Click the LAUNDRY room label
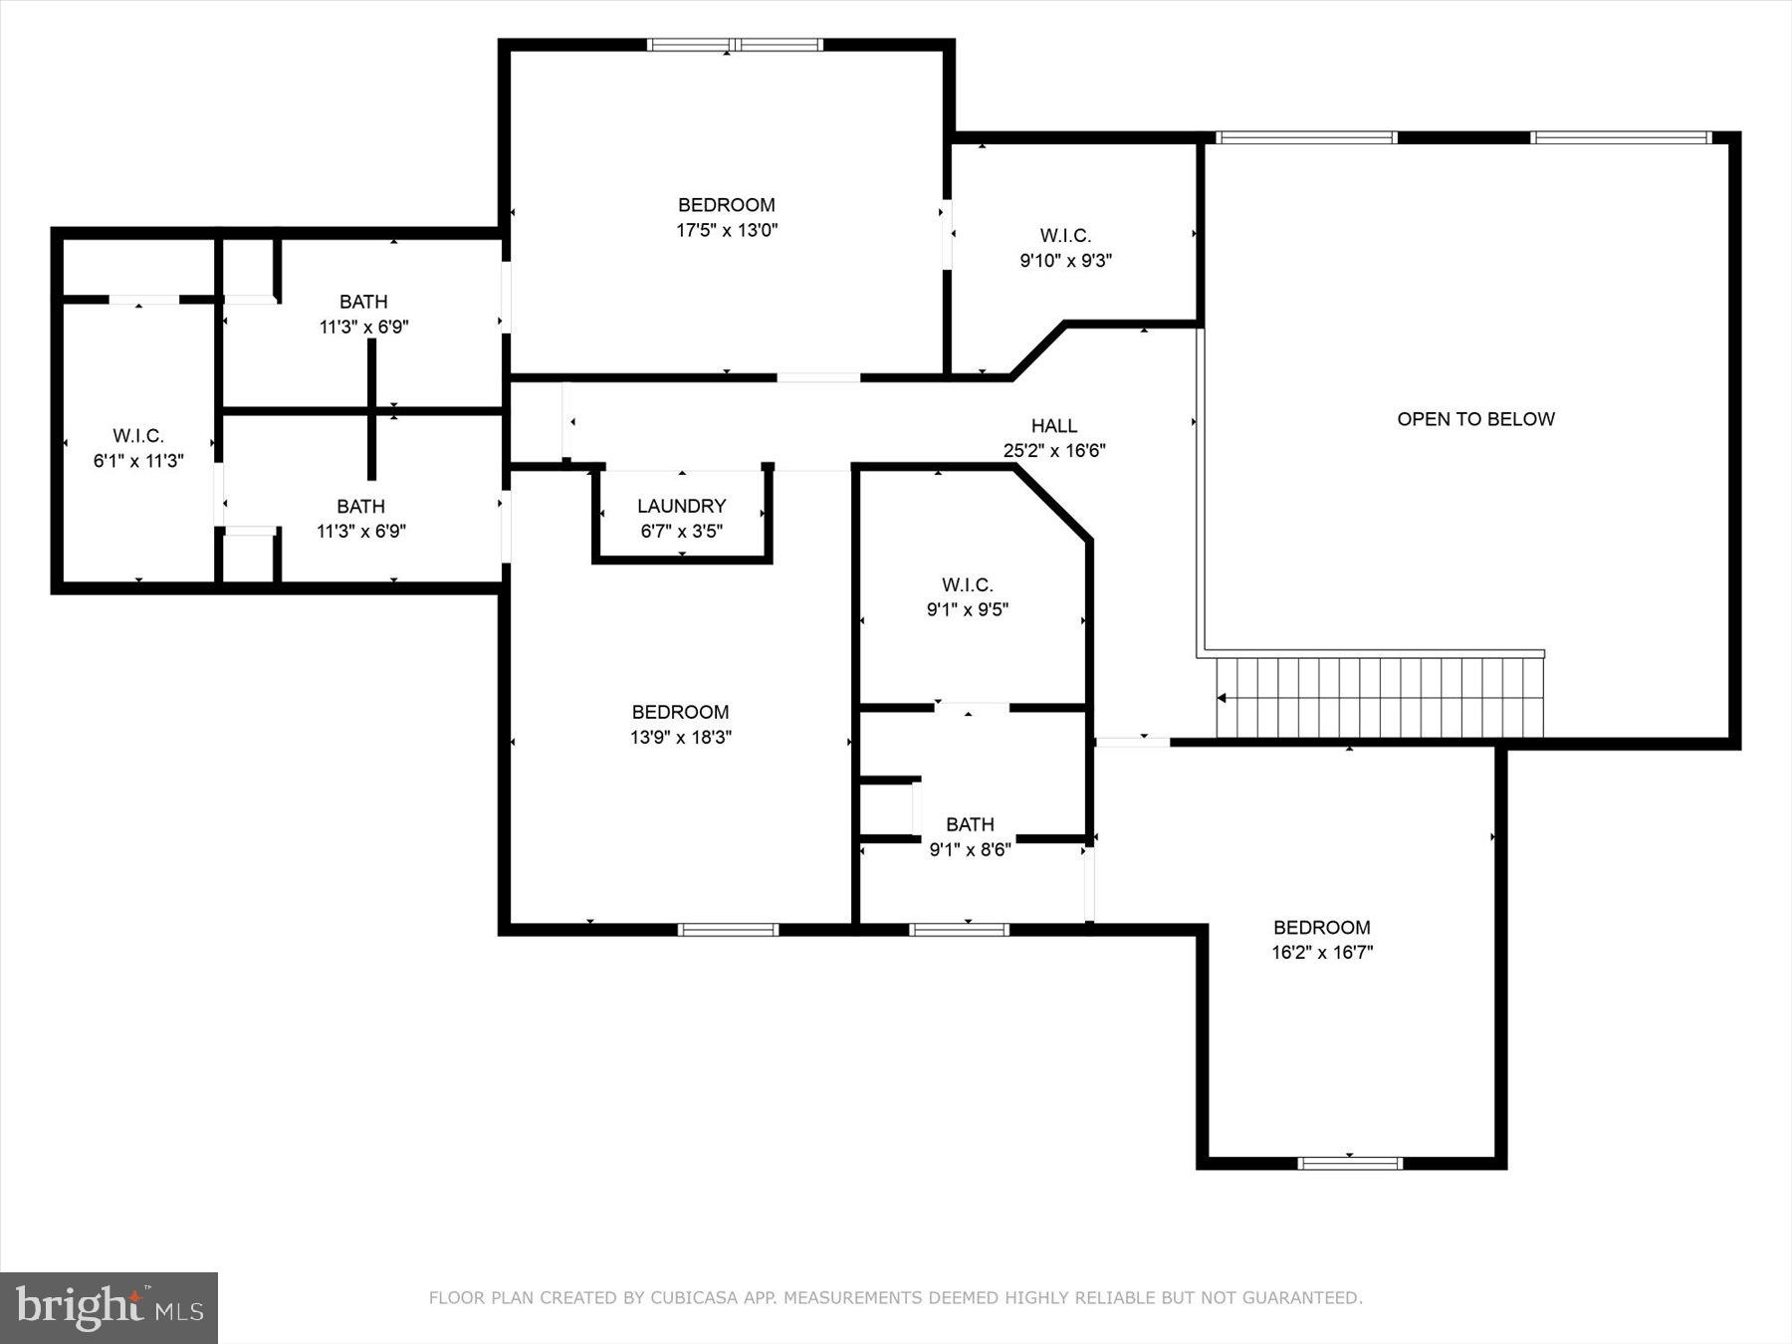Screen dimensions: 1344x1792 [681, 506]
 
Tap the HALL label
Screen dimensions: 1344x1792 [1054, 426]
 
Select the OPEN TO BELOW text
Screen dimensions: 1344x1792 [1475, 419]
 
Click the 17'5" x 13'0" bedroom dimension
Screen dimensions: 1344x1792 [727, 230]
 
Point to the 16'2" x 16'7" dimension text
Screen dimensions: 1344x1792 [1322, 953]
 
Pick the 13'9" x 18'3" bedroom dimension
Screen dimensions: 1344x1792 [680, 738]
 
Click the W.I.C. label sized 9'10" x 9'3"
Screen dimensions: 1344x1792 [1065, 236]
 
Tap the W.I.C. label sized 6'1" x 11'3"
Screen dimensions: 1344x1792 [138, 436]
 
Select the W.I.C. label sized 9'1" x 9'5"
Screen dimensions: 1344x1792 [968, 585]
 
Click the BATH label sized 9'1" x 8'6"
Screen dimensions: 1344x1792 [970, 824]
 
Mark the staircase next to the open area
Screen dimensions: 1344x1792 [1379, 698]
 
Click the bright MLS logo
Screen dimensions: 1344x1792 [109, 1307]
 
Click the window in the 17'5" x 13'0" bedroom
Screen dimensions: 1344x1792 [735, 45]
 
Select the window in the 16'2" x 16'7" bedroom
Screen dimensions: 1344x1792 [1350, 1163]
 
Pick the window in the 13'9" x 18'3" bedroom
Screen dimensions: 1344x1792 [728, 930]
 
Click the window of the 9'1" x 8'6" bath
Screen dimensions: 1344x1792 [959, 930]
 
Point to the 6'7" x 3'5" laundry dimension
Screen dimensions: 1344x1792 [681, 532]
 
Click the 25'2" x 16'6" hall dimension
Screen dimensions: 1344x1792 [1054, 451]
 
